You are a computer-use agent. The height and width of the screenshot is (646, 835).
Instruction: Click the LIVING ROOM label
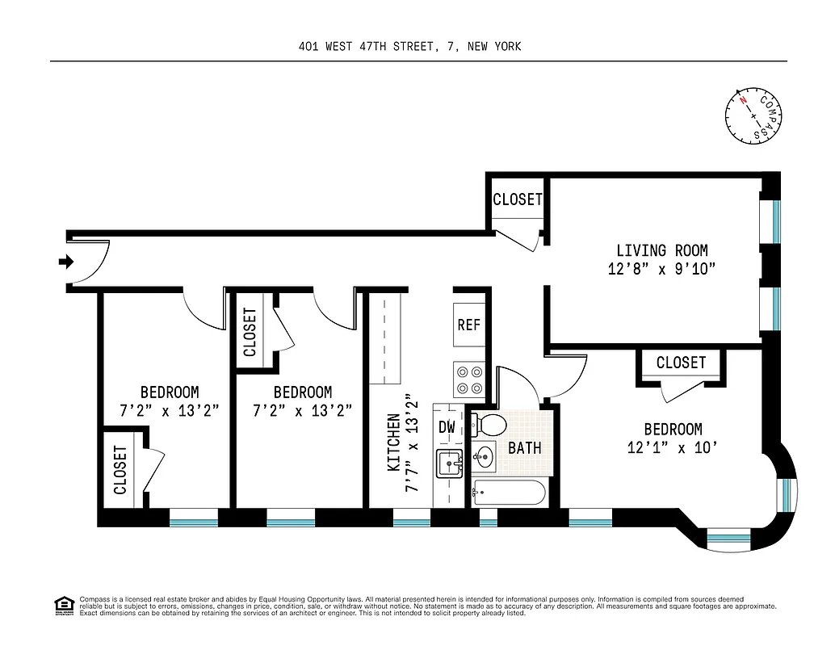661,251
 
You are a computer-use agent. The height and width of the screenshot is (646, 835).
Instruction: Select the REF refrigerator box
468,325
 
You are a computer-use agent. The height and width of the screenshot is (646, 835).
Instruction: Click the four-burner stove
469,380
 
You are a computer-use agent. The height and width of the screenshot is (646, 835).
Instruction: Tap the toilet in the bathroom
486,424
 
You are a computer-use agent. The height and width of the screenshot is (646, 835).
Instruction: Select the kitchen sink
448,465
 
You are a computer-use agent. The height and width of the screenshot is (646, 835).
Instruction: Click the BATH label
525,447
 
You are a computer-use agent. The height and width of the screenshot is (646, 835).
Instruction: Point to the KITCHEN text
394,443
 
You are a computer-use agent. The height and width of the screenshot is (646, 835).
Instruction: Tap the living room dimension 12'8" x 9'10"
661,270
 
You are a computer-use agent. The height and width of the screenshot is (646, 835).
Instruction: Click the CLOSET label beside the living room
518,199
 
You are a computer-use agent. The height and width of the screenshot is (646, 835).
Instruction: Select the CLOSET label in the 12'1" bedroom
681,363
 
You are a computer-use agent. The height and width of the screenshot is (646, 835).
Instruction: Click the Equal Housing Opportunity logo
62,605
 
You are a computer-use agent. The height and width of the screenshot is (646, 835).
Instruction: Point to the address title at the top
409,46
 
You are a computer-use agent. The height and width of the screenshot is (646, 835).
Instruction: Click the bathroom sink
483,458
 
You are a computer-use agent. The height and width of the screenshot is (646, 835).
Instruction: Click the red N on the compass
743,103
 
